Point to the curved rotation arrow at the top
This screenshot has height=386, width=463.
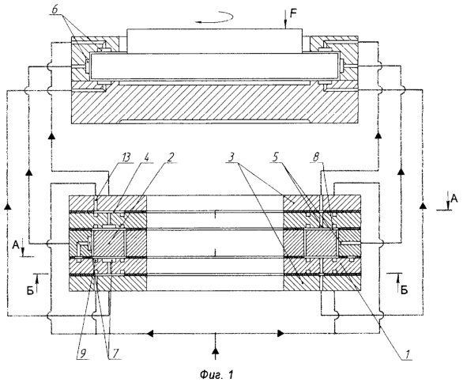(215, 17)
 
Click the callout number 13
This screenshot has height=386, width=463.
(126, 157)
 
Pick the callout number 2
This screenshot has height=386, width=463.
(171, 157)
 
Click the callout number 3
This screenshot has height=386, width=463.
(231, 157)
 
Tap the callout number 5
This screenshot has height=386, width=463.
(275, 157)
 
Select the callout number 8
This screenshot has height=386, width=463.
(316, 157)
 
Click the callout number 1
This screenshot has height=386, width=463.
(408, 354)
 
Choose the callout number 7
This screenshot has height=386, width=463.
(115, 353)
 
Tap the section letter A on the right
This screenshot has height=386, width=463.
(454, 199)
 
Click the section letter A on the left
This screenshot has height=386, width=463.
(17, 244)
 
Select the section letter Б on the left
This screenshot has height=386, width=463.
(31, 290)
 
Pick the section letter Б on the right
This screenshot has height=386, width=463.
(405, 290)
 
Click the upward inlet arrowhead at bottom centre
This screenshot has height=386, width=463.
(216, 350)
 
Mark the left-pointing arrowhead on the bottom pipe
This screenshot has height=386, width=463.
(151, 334)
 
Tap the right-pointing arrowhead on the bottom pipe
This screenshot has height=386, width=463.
(281, 334)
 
